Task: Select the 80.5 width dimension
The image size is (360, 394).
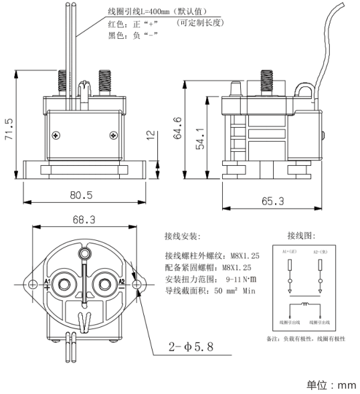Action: click(x=80, y=195)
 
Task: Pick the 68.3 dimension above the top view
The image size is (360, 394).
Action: click(x=84, y=219)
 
